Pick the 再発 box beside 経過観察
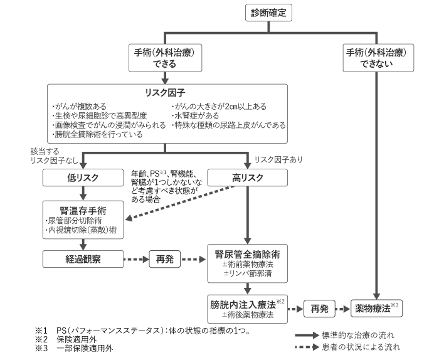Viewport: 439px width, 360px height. (x=164, y=257)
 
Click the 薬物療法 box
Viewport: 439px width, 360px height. (x=375, y=309)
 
